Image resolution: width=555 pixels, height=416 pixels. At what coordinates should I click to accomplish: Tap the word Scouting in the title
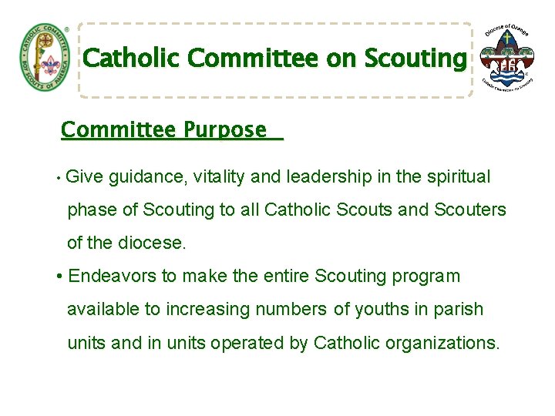click(415, 59)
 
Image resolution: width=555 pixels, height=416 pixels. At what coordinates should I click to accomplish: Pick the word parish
click(457, 310)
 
